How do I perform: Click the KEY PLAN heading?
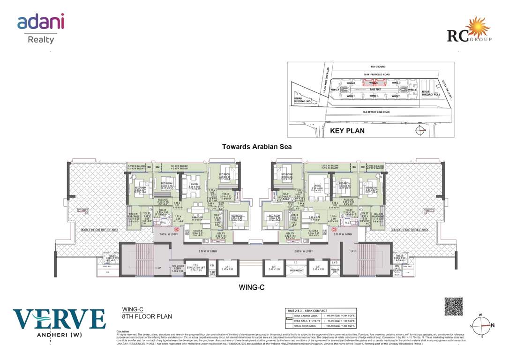(347, 131)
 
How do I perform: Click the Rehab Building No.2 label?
(430, 93)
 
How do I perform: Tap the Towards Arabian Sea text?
(257, 147)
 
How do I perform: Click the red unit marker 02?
(177, 230)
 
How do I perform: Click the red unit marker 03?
(334, 230)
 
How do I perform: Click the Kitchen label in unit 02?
(196, 232)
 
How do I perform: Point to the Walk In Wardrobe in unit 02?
(134, 217)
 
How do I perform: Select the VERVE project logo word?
(59, 319)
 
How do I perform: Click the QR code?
(453, 306)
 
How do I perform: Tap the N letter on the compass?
(493, 325)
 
